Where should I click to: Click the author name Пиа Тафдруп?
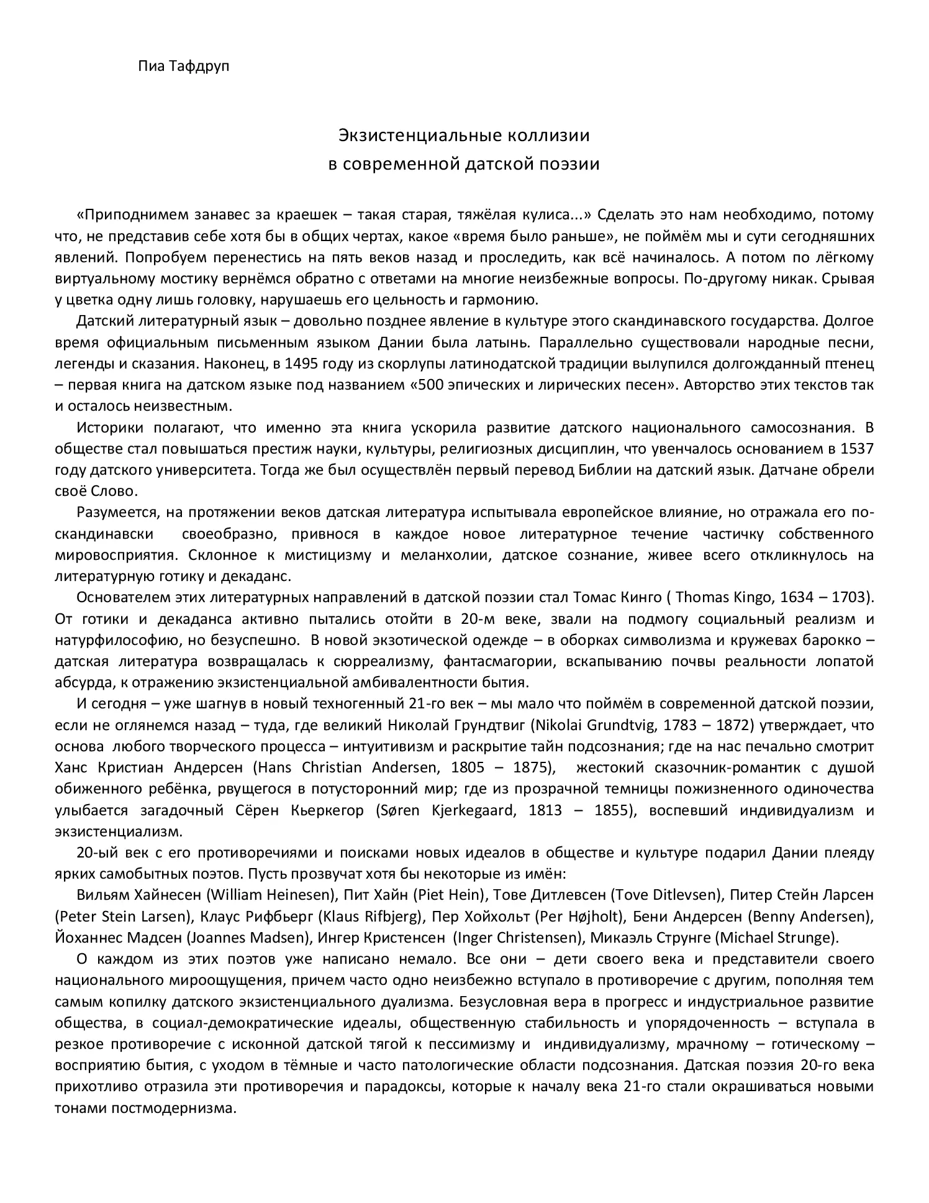pyautogui.click(x=183, y=66)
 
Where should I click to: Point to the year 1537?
pyautogui.click(x=856, y=449)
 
